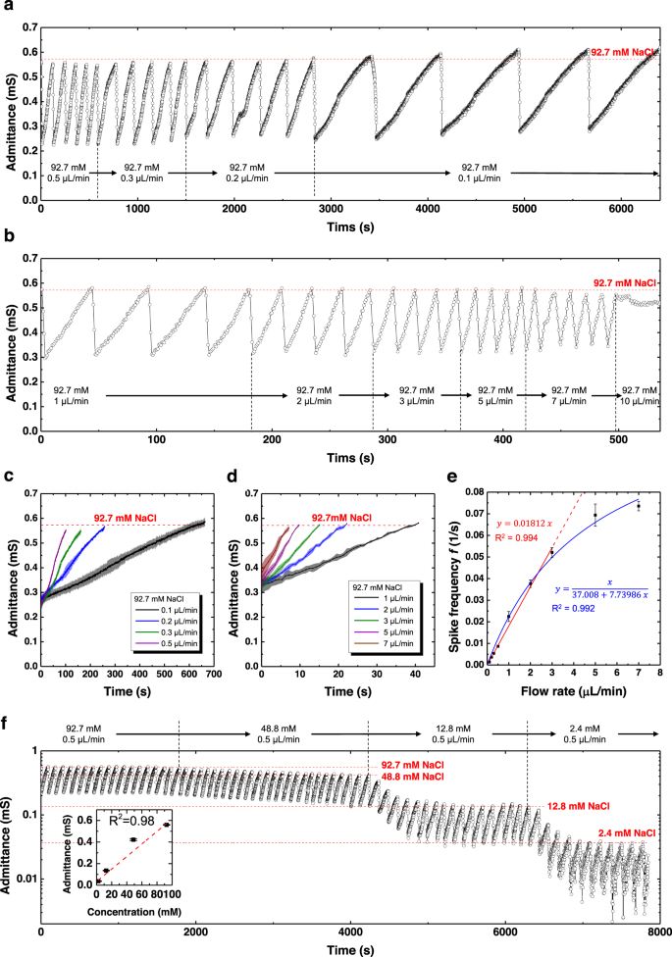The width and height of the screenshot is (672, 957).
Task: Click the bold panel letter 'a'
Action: (x=8, y=8)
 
